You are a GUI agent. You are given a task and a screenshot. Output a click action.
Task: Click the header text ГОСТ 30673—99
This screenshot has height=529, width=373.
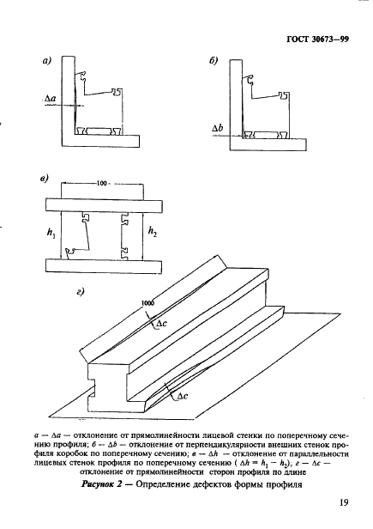click(318, 40)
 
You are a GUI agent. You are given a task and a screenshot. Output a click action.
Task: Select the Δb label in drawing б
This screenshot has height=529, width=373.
click(217, 128)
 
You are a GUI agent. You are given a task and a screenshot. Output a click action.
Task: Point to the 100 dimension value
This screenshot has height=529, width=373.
click(101, 183)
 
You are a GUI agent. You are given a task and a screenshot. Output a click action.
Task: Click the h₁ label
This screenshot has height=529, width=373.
click(51, 233)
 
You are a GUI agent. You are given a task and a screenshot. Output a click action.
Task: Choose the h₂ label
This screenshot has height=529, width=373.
click(153, 232)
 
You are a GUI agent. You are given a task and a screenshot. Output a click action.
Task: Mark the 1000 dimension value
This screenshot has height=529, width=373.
click(147, 302)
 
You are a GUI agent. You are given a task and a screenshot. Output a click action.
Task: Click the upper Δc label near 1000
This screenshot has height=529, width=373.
click(161, 324)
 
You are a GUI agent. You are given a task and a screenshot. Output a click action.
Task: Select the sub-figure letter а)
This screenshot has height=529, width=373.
click(46, 61)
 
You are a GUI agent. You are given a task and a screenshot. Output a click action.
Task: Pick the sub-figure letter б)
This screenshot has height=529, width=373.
click(214, 61)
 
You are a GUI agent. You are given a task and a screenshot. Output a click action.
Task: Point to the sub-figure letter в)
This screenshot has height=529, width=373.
click(44, 179)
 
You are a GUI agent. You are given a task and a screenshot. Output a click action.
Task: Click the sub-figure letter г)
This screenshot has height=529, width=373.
click(80, 292)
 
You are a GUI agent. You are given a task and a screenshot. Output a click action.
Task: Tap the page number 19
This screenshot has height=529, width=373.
click(344, 502)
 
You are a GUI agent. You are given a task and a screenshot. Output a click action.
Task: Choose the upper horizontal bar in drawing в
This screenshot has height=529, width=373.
click(104, 205)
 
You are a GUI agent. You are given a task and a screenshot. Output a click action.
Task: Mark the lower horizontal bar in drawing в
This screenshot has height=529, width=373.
click(104, 266)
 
